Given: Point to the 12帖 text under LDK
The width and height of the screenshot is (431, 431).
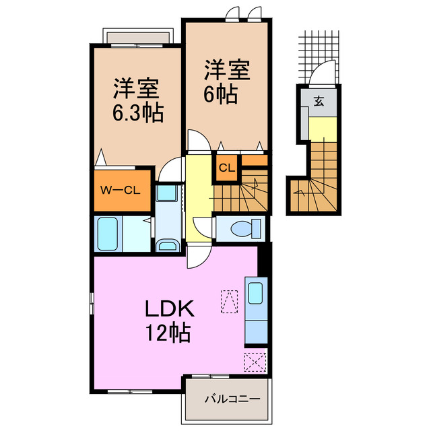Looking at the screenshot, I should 169,332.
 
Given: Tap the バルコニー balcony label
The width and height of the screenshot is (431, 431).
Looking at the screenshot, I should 232,399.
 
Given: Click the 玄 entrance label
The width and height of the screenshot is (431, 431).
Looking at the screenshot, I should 319,102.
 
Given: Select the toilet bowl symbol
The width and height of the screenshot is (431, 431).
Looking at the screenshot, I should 244,229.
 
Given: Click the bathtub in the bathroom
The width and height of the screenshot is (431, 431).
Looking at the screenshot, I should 107,234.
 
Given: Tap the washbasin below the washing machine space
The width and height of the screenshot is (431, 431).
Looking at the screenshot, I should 166,244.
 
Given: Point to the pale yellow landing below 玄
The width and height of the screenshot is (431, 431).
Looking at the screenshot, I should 321,127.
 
